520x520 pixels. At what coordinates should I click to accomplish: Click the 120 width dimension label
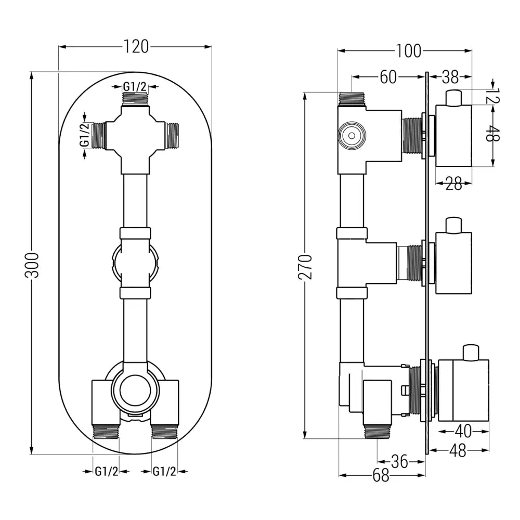click(x=136, y=47)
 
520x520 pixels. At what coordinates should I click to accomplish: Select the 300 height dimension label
click(x=32, y=265)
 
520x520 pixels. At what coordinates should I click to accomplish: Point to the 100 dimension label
click(x=408, y=51)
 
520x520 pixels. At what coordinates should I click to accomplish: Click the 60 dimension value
click(x=388, y=77)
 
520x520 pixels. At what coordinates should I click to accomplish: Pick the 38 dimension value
click(x=450, y=77)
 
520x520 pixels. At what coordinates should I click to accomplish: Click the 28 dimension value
click(x=453, y=184)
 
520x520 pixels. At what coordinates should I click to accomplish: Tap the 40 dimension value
click(x=462, y=431)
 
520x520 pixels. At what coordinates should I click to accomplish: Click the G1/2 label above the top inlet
click(x=135, y=87)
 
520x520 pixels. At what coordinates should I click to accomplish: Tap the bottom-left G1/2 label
click(x=106, y=471)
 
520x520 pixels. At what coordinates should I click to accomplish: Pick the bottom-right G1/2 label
click(x=164, y=471)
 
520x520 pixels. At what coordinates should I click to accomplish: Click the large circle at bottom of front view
click(x=135, y=393)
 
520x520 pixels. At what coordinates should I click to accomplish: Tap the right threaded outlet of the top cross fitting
click(x=172, y=136)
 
